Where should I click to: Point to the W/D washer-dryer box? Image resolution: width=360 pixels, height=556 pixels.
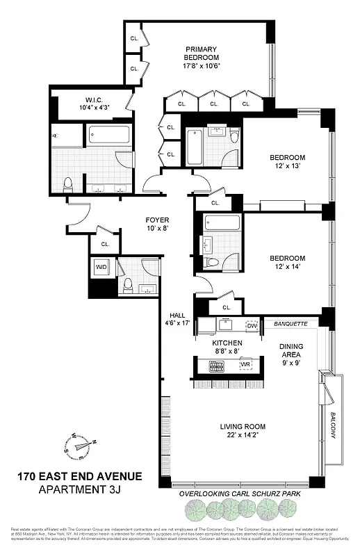click(101, 267)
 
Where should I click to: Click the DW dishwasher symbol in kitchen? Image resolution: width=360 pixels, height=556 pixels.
click(252, 325)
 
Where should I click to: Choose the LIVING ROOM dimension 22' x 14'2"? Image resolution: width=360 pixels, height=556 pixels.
click(243, 436)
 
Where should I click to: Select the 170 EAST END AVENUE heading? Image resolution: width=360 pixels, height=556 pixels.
click(79, 477)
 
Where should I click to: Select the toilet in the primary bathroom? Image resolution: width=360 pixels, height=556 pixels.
click(68, 184)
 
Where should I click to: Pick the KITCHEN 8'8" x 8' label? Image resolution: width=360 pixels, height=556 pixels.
click(227, 347)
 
